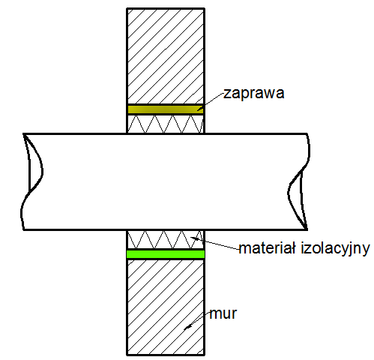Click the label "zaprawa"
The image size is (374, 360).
click(254, 93)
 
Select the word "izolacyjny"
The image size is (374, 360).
click(335, 249)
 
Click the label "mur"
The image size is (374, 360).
click(223, 313)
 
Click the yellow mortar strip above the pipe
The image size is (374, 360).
click(166, 109)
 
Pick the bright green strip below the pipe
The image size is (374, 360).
click(166, 254)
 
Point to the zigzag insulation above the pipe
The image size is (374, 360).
click(166, 124)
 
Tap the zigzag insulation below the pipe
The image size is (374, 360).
click(166, 239)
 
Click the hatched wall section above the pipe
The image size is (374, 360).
click(166, 56)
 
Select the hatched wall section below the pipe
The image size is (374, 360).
click(166, 307)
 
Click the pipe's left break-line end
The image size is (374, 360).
click(31, 181)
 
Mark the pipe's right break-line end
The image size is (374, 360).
click(299, 181)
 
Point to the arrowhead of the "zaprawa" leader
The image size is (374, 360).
click(200, 108)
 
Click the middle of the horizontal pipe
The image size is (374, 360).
click(166, 181)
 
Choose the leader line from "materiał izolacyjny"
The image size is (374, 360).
click(215, 243)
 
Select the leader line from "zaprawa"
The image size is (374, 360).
click(210, 101)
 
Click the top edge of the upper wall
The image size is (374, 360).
click(166, 9)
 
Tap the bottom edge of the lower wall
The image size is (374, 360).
click(166, 355)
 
